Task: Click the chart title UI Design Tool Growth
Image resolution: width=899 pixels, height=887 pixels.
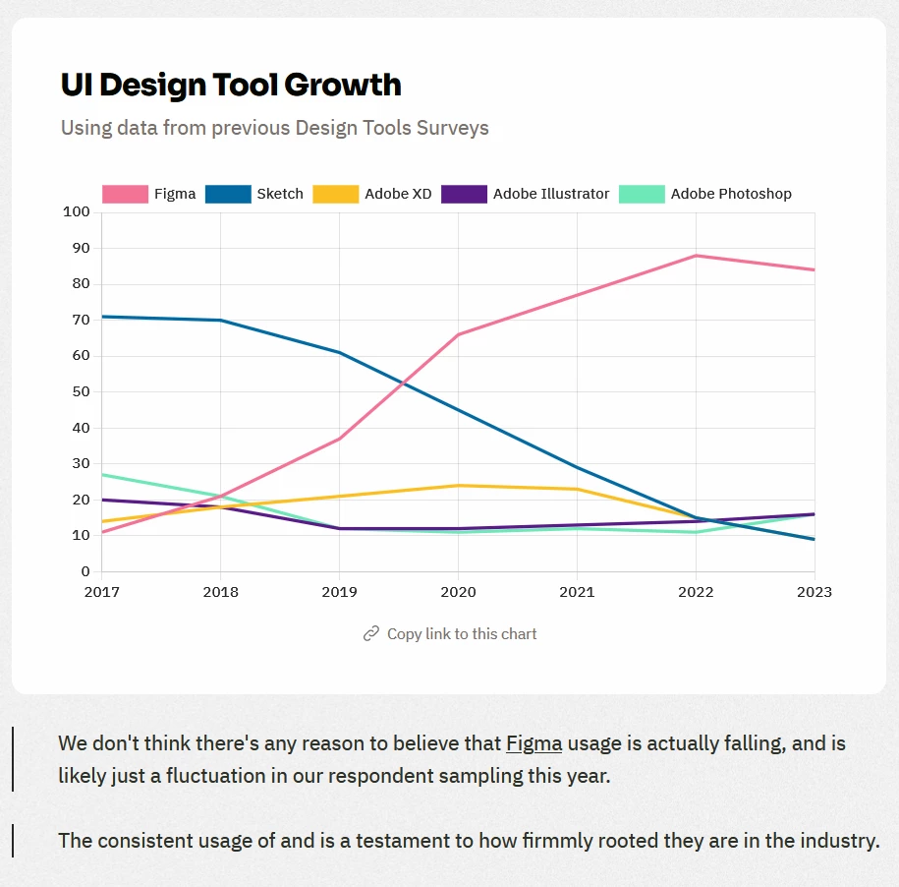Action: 231,85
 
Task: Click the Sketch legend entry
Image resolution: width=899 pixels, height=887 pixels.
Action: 254,194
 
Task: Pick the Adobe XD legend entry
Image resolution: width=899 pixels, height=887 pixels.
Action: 372,194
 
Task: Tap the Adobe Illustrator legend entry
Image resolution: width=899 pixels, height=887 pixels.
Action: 526,194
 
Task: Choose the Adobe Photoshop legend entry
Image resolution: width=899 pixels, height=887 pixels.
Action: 705,194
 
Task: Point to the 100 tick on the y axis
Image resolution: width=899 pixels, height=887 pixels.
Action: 76,212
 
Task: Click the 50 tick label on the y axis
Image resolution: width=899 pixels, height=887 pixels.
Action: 80,391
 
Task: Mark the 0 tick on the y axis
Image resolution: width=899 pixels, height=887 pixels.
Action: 85,571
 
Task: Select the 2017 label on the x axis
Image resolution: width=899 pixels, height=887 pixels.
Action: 101,592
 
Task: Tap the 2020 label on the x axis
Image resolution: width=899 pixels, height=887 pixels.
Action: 458,592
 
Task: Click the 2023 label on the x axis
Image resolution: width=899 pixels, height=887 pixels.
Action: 815,592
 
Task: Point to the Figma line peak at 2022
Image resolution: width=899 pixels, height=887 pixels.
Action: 696,256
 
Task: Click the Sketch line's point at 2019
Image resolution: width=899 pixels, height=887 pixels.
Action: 339,352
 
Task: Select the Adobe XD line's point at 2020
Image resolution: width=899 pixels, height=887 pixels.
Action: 458,485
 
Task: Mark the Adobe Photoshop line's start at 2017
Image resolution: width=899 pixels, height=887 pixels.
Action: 102,475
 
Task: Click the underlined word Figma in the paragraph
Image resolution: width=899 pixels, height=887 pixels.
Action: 534,743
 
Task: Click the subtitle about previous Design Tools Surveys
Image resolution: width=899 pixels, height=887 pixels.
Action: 274,128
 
